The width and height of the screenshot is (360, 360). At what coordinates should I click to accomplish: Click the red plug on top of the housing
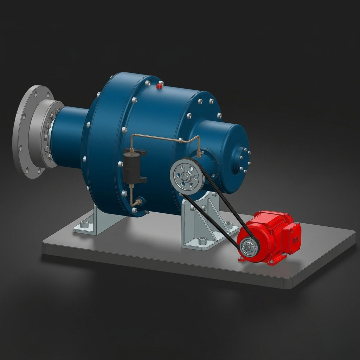tap(159, 85)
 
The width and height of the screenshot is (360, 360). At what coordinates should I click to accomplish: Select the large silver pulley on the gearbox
tap(187, 176)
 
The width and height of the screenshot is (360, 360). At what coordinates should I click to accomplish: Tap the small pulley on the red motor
tap(249, 247)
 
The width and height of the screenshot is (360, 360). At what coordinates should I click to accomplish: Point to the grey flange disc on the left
tap(30, 132)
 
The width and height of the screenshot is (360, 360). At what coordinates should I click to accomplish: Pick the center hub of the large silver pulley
tap(187, 176)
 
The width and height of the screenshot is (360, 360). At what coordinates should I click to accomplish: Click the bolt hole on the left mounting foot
tap(84, 224)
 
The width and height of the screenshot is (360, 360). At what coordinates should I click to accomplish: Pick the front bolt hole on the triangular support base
tap(202, 241)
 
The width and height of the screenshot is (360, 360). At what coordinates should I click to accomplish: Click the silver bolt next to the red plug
tap(148, 83)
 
